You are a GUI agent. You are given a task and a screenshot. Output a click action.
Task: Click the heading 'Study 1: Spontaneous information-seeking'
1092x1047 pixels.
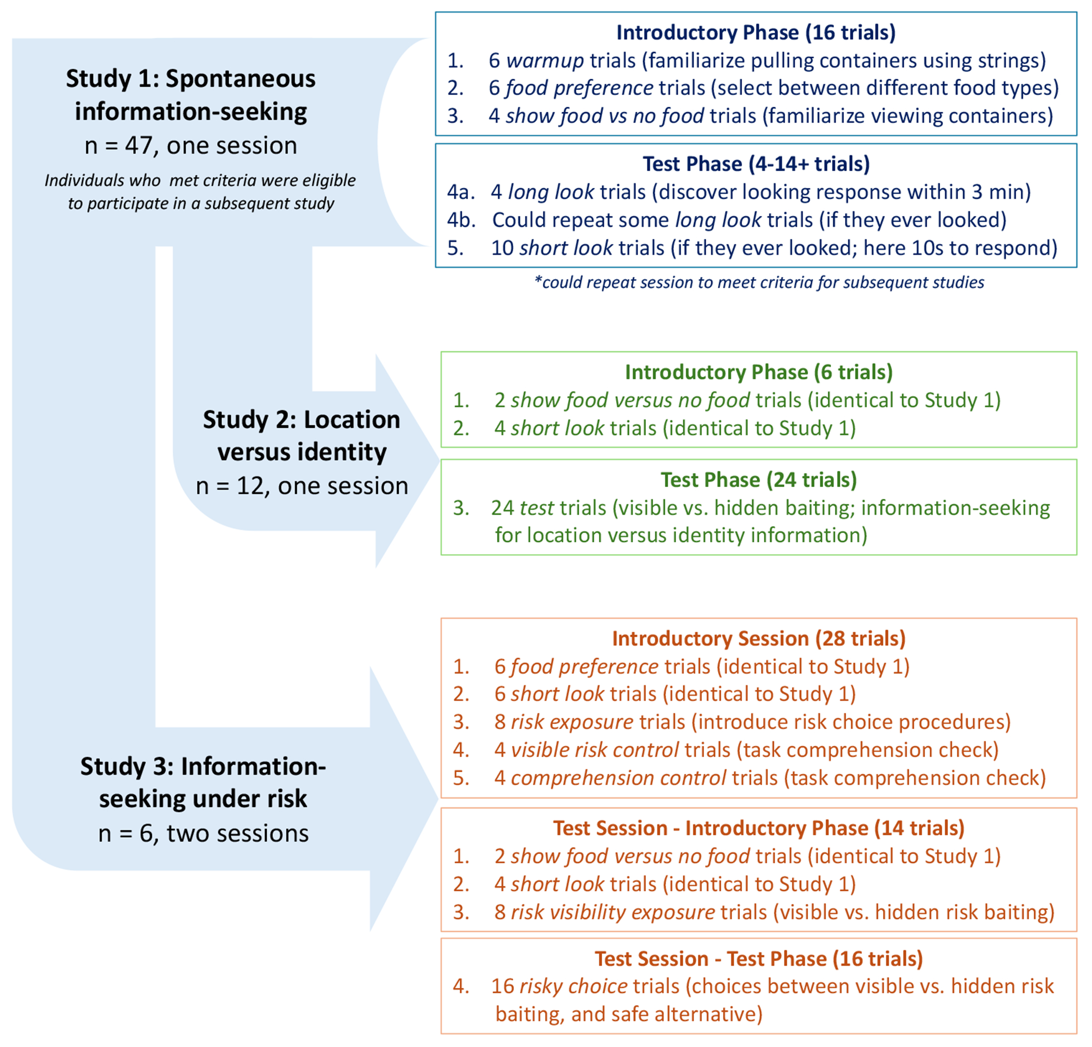coord(190,95)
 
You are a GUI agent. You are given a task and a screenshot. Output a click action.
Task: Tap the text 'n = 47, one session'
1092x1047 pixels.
coord(190,146)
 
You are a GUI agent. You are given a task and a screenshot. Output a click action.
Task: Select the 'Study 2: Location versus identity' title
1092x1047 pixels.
coord(302,436)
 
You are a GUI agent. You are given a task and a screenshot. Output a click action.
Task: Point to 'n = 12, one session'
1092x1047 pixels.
coord(302,486)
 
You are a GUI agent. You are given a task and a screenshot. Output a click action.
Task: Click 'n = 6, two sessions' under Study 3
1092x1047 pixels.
coord(203,834)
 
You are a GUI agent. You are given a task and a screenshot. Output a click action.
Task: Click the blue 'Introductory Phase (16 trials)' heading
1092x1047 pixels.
coord(756,32)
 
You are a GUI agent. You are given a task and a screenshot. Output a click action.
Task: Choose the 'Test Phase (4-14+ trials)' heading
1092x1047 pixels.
coord(756,164)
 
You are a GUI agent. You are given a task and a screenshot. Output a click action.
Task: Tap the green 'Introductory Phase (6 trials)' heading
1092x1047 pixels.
coord(758,372)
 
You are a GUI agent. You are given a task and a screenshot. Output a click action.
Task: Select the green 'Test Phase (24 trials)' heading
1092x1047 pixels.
coord(758,480)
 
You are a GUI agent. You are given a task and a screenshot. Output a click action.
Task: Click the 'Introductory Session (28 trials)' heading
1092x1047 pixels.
coord(758,639)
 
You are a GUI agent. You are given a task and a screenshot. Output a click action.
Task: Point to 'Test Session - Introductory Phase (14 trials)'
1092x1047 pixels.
coord(758,828)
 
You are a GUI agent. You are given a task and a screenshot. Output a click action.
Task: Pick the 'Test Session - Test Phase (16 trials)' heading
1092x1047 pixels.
coord(758,959)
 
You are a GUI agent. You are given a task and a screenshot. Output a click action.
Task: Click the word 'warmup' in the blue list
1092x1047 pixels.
coord(544,60)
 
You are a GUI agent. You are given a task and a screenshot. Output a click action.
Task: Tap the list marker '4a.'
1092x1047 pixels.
coord(461,192)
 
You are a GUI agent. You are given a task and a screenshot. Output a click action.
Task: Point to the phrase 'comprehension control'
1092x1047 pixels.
coord(618,778)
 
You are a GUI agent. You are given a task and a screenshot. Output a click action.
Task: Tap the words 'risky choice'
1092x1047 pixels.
coord(573,986)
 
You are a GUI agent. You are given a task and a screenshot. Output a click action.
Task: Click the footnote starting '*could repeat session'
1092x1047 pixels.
coord(759,282)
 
